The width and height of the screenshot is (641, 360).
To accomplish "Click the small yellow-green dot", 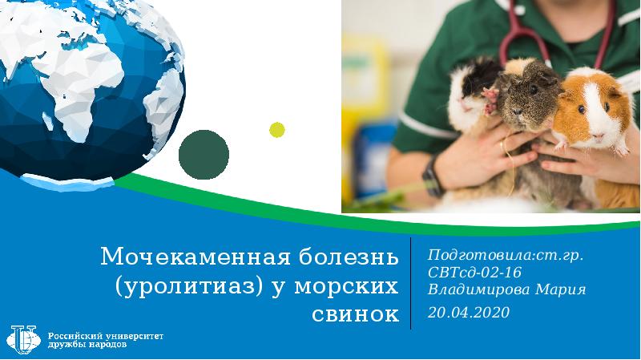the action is [x=276, y=130].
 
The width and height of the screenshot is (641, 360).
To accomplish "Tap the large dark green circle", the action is [x=204, y=155].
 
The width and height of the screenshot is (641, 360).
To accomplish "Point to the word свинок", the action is [x=355, y=314].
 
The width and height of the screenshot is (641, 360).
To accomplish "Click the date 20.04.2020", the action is [x=469, y=313].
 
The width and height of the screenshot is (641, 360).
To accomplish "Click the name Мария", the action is [x=560, y=289].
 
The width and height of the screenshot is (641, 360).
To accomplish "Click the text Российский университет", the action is [x=106, y=336].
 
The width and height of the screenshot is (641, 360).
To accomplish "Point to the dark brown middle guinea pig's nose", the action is [x=517, y=111].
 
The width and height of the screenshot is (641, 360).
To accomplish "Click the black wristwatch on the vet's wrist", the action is [x=433, y=176].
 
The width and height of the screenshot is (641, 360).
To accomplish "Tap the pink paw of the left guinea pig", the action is [x=490, y=100].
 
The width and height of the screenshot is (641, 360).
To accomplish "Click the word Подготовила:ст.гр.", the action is [x=506, y=255].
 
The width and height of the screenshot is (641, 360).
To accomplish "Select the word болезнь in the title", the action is [x=348, y=257].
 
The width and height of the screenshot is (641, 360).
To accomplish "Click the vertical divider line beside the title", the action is [x=410, y=283].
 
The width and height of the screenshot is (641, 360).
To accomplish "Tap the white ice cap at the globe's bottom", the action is [x=67, y=183].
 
